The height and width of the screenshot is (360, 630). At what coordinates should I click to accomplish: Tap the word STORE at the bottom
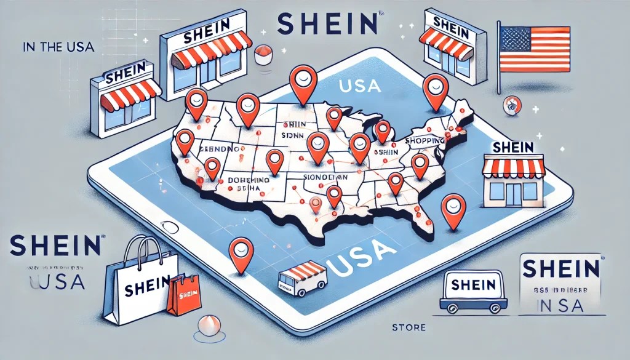click(408, 327)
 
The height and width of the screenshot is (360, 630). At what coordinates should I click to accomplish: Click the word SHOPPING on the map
click(425, 141)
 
